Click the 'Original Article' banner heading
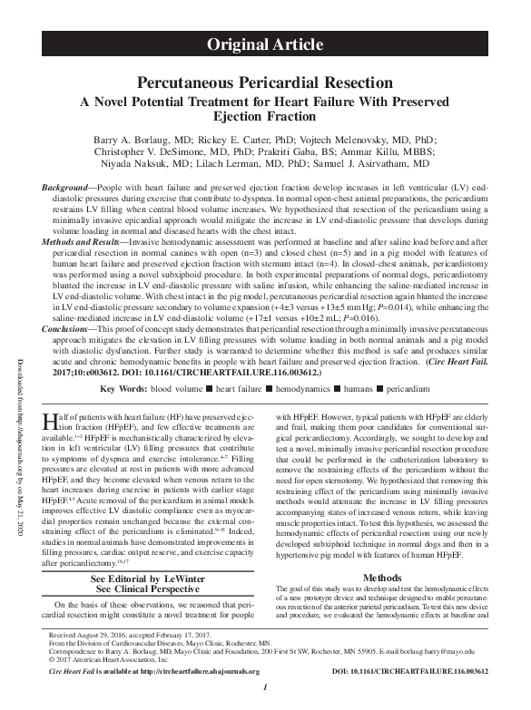264,44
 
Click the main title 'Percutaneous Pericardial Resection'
264,82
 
